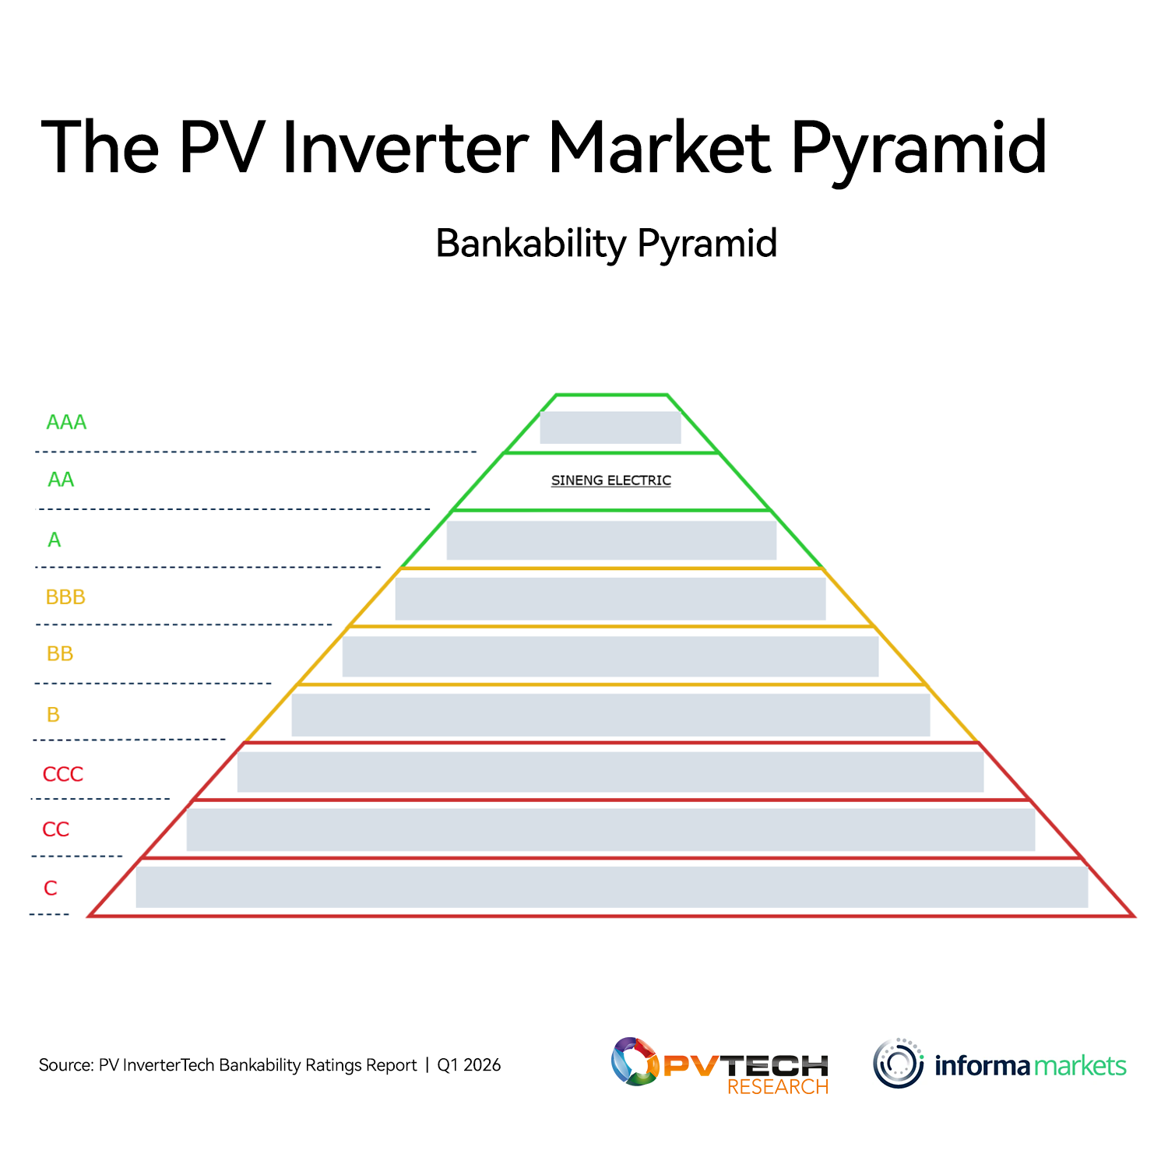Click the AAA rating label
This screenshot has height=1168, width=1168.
coord(66,422)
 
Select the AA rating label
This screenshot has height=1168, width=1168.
coord(61,480)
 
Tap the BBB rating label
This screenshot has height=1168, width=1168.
coord(65,597)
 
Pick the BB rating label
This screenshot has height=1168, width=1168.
coord(60,653)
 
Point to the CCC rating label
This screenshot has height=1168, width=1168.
coord(63,774)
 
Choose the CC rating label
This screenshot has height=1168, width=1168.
coord(56,829)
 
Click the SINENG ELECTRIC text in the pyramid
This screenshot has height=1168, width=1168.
coord(611,480)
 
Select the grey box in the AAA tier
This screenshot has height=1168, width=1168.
coord(610,427)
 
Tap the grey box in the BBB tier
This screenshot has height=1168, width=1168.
coord(610,599)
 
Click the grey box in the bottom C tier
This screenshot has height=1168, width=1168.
coord(612,887)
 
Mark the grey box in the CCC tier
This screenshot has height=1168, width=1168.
coord(610,772)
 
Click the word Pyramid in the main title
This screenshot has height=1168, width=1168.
coord(919,148)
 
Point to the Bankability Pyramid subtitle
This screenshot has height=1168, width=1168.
coord(607,244)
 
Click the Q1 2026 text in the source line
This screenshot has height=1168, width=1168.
coord(469,1065)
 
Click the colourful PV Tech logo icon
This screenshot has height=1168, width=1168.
coord(635,1061)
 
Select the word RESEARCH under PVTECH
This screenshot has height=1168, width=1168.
coord(778,1087)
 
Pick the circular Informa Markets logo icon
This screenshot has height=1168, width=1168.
coord(899,1063)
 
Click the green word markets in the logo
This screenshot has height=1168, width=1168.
coord(1080,1065)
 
